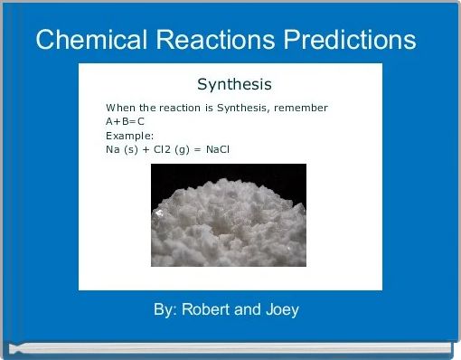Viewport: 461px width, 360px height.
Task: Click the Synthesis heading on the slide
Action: [234, 85]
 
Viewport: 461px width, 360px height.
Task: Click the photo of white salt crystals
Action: [228, 214]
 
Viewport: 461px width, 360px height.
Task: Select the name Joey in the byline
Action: [280, 310]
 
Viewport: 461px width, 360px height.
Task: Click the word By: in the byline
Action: [165, 310]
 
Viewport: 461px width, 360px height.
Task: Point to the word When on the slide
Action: [119, 109]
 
